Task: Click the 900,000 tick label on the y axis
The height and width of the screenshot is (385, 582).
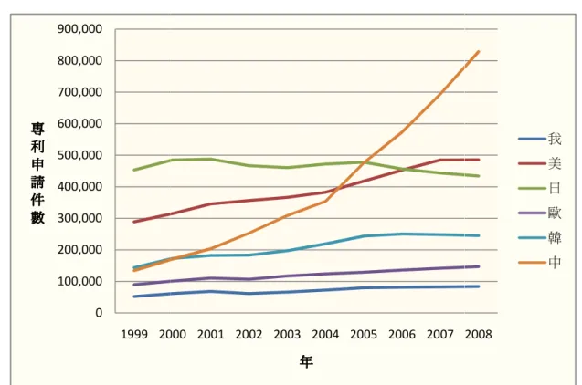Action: pos(79,29)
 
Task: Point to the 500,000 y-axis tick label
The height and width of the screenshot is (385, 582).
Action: pos(79,155)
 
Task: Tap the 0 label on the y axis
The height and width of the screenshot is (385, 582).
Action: pos(99,313)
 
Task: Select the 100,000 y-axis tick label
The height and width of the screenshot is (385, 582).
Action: pos(79,282)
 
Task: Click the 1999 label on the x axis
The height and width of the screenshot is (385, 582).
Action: pos(134,335)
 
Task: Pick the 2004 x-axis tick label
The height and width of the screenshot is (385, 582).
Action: pos(325,335)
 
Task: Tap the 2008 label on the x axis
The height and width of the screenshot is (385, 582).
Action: pos(479,335)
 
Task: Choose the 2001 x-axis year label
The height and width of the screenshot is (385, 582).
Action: pos(211,335)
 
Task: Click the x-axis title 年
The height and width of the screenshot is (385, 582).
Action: pos(306,361)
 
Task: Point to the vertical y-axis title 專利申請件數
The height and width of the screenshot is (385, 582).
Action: pos(37,173)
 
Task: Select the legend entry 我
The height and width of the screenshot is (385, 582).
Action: pos(540,139)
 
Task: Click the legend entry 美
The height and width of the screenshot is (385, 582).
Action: pos(540,163)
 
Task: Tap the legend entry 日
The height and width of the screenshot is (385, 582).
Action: pos(540,188)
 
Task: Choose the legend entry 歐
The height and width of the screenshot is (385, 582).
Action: pos(540,213)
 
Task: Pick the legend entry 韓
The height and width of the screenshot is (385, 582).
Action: pos(540,237)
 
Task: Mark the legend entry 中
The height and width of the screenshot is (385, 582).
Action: pos(540,263)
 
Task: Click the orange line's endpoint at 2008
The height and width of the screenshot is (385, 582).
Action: pos(479,52)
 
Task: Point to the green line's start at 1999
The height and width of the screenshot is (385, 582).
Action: pos(134,170)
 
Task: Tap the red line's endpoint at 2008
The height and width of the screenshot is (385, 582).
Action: pos(479,160)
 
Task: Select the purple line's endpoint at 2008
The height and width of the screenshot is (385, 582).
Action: pos(479,266)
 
